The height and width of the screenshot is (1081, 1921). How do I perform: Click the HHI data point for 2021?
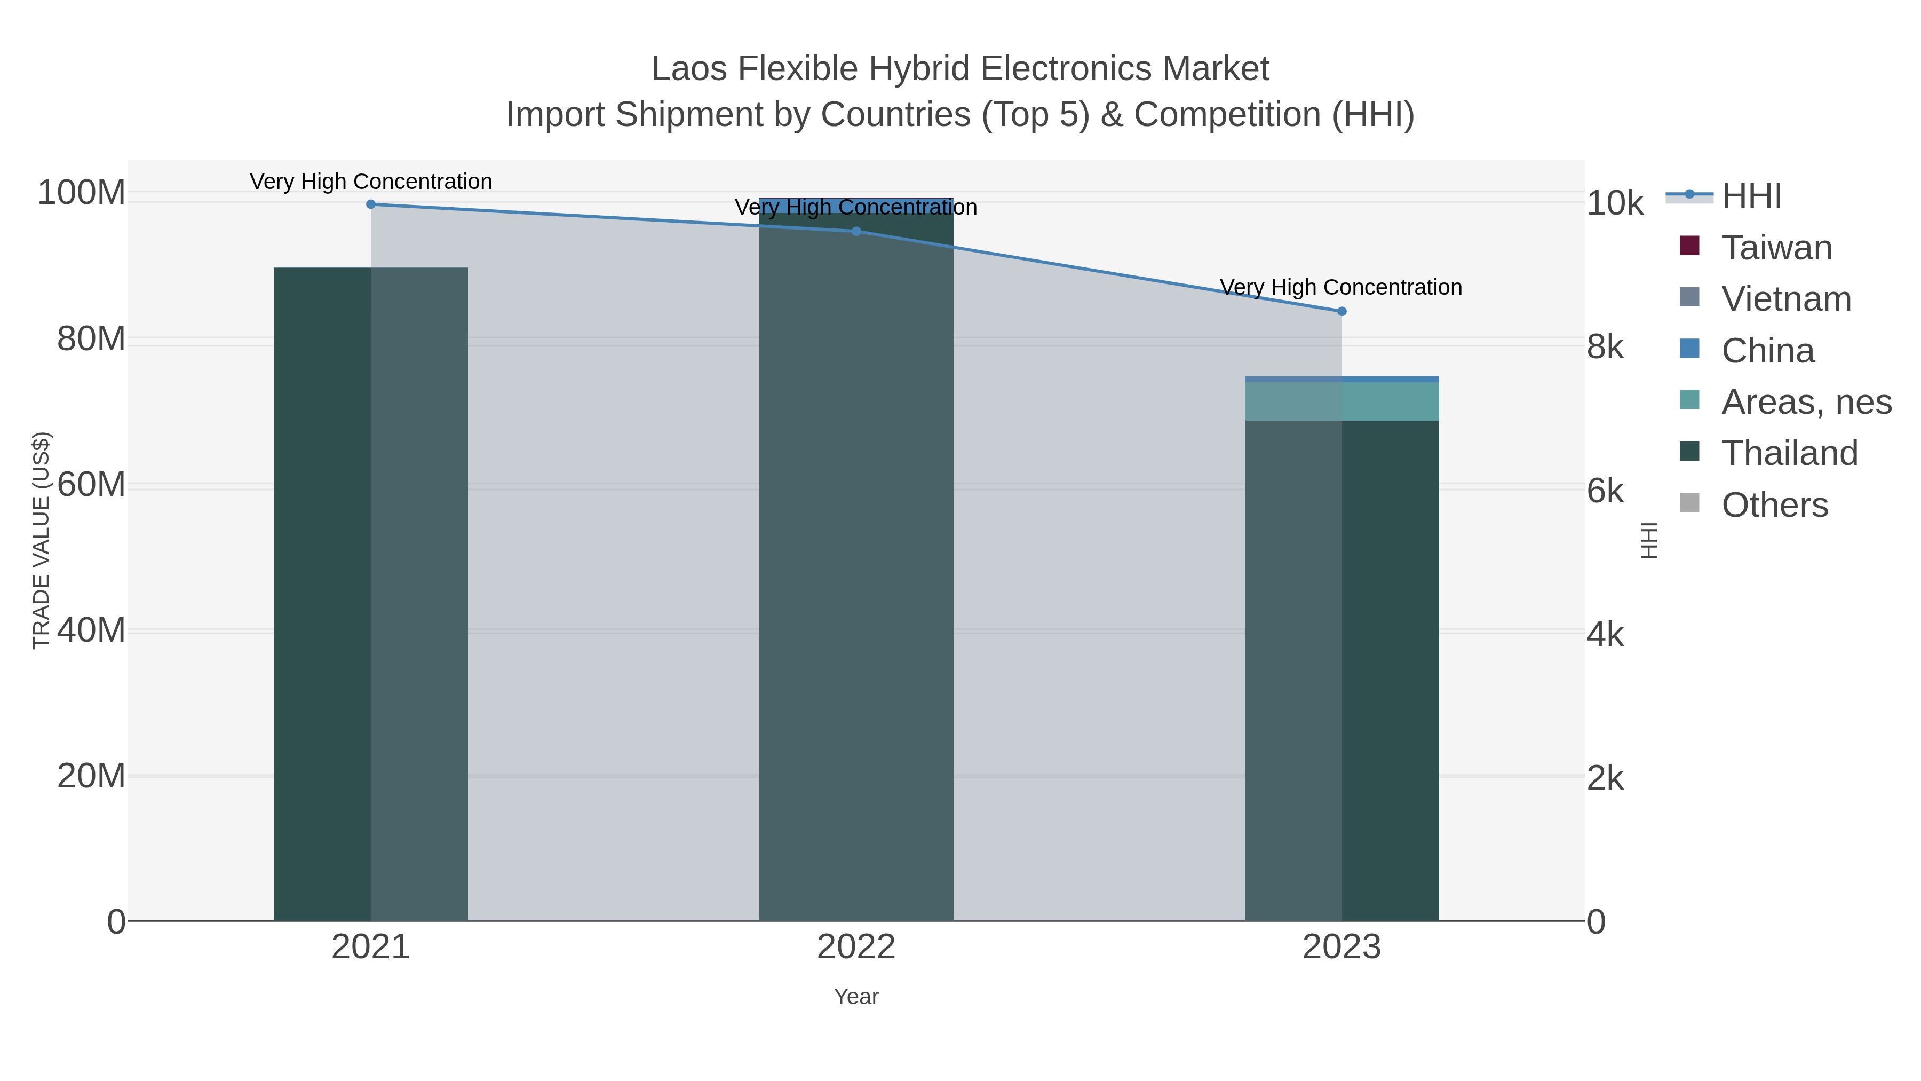point(371,204)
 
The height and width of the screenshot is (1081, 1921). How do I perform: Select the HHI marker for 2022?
point(856,231)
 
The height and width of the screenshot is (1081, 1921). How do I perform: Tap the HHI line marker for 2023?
point(1341,311)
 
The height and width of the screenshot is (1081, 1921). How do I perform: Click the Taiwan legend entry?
point(1776,248)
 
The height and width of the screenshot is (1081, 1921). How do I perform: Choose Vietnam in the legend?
point(1786,299)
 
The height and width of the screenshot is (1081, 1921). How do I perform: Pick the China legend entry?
point(1767,351)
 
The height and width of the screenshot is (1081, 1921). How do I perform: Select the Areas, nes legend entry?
point(1806,402)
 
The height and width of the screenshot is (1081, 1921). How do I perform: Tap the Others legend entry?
point(1774,505)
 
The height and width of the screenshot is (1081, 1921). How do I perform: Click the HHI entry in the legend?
point(1751,196)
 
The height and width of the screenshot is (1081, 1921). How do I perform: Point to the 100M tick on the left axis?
point(81,193)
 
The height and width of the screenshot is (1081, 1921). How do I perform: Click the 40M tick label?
point(91,630)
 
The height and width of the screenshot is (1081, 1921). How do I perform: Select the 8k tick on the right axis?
point(1605,347)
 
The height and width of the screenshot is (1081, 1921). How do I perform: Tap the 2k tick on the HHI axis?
point(1605,779)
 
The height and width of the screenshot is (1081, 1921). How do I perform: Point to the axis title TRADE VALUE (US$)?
point(41,540)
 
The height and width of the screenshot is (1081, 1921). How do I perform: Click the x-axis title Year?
point(856,997)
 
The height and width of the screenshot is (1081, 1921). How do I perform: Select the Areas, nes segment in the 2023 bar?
point(1341,401)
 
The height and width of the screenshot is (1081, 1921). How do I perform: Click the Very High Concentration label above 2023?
point(1341,287)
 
